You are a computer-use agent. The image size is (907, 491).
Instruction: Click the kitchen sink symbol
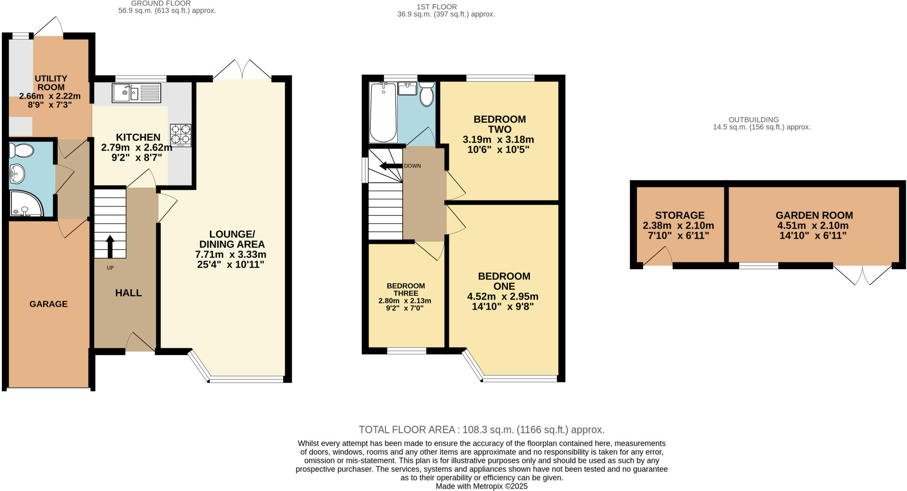136,93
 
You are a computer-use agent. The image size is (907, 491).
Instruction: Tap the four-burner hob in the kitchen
181,135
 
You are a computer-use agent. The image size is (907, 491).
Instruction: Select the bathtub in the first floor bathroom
383,112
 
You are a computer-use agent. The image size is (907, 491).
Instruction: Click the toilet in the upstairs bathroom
426,93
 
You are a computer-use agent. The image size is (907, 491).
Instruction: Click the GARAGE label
49,304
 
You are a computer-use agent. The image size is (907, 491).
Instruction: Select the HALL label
128,293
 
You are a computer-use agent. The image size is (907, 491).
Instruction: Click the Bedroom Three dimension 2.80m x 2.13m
404,301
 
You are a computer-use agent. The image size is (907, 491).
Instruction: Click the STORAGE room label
679,215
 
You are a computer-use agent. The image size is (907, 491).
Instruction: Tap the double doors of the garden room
862,274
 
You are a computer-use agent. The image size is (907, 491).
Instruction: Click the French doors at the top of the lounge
242,70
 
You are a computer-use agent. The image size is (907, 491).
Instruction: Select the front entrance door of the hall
140,343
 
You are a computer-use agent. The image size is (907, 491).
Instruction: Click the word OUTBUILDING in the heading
753,119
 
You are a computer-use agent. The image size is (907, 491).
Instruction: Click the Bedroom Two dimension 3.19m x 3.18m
498,140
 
